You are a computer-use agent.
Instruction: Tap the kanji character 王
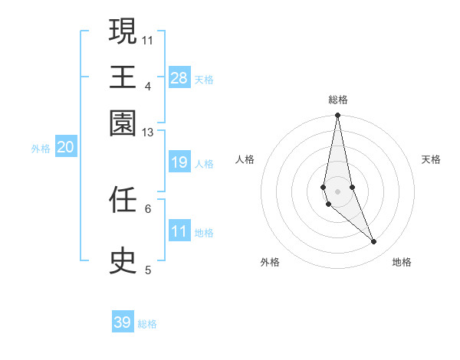pos(123,77)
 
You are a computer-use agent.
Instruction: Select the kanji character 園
pos(123,123)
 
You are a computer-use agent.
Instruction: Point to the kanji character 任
pos(123,201)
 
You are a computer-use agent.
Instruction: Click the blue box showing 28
pos(179,78)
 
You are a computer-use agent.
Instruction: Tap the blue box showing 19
pos(179,162)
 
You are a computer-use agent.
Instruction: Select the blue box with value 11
pos(179,231)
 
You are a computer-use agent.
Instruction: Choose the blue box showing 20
pos(66,148)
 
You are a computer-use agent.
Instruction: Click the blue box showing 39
pos(123,322)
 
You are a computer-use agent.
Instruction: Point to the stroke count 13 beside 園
pos(147,133)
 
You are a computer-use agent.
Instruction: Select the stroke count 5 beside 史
pos(147,270)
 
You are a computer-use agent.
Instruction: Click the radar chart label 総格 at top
pos(337,100)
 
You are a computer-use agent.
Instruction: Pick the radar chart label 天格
pos(431,159)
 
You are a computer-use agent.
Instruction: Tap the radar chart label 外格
pos(269,262)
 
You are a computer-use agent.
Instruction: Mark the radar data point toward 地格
pos(374,242)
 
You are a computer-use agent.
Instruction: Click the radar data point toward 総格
pos(337,116)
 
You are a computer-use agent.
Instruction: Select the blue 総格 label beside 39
pos(147,324)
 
